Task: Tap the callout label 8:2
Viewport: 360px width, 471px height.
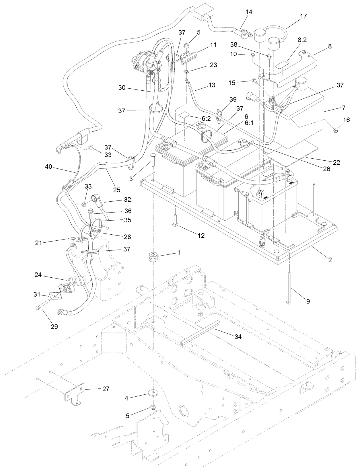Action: pos(302,40)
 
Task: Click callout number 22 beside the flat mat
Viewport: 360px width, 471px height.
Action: pos(336,162)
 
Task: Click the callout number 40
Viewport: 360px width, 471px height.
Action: pos(49,166)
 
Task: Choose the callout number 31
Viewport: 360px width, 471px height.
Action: pos(37,294)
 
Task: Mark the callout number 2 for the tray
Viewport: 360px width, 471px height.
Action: pos(330,260)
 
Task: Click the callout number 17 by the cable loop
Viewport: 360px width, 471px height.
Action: pos(303,16)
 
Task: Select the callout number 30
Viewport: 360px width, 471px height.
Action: pos(122,87)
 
